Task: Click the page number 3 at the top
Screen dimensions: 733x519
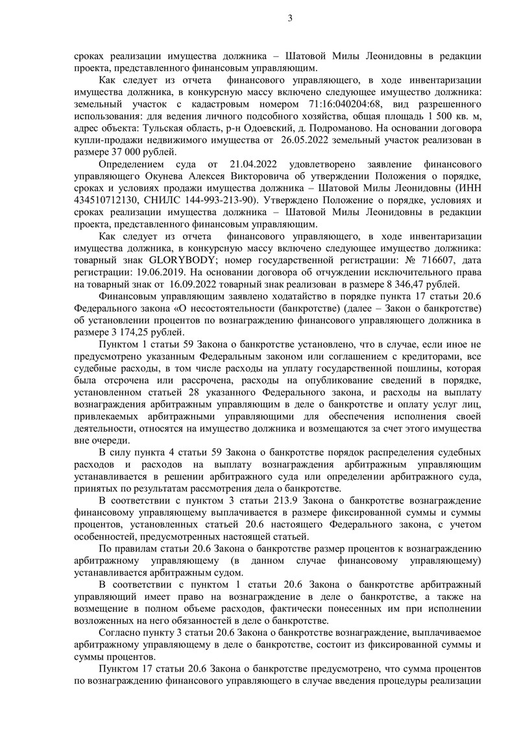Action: coord(290,18)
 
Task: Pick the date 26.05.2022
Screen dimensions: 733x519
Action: coord(309,141)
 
